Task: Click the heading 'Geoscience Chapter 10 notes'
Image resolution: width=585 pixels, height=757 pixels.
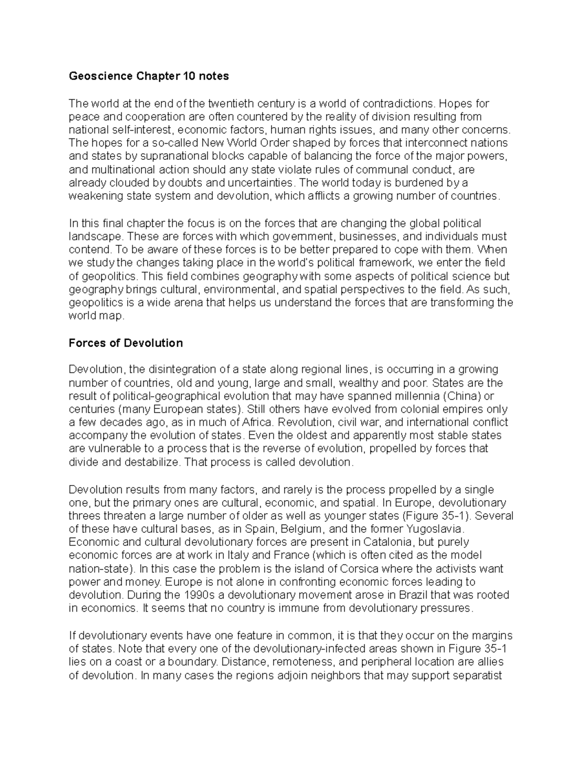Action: pyautogui.click(x=149, y=77)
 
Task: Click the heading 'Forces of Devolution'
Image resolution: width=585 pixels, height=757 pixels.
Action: pyautogui.click(x=126, y=343)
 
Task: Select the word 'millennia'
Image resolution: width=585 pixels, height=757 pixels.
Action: pyautogui.click(x=419, y=396)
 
